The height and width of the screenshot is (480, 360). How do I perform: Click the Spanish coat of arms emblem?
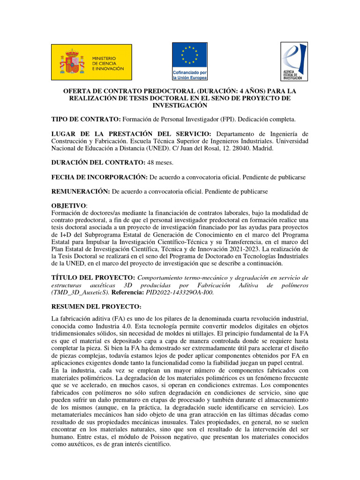pyautogui.click(x=71, y=62)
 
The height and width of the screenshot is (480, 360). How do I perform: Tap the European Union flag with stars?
pyautogui.click(x=189, y=55)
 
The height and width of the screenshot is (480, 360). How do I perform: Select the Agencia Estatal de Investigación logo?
pyautogui.click(x=294, y=61)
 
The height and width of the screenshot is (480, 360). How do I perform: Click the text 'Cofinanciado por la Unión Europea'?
pyautogui.click(x=189, y=75)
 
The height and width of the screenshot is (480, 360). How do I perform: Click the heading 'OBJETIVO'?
pyautogui.click(x=68, y=206)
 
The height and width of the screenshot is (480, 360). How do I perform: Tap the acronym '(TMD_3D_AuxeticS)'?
pyautogui.click(x=80, y=292)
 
